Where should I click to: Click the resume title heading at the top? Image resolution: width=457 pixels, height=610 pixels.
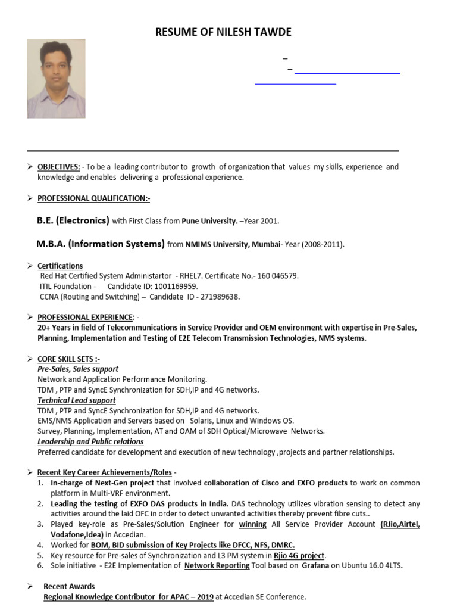click(x=223, y=32)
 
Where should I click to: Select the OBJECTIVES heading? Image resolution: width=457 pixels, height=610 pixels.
click(x=59, y=167)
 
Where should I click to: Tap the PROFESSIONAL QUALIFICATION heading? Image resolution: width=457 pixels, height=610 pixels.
click(x=93, y=198)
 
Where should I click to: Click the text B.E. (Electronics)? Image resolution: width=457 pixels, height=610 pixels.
click(x=73, y=220)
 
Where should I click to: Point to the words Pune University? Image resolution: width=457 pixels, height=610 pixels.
click(x=209, y=221)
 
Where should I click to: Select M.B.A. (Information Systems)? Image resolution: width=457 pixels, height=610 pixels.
click(x=101, y=244)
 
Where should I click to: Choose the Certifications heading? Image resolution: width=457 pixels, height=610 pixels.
click(x=60, y=266)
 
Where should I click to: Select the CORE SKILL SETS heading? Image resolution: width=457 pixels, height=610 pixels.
click(x=68, y=359)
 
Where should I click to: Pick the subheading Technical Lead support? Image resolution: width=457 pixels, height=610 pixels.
click(x=77, y=400)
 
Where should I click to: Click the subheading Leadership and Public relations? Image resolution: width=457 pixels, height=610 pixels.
click(x=90, y=441)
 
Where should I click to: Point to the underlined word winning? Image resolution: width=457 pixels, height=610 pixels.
click(x=252, y=524)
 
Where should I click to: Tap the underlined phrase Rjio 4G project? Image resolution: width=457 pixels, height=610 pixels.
click(x=299, y=555)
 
